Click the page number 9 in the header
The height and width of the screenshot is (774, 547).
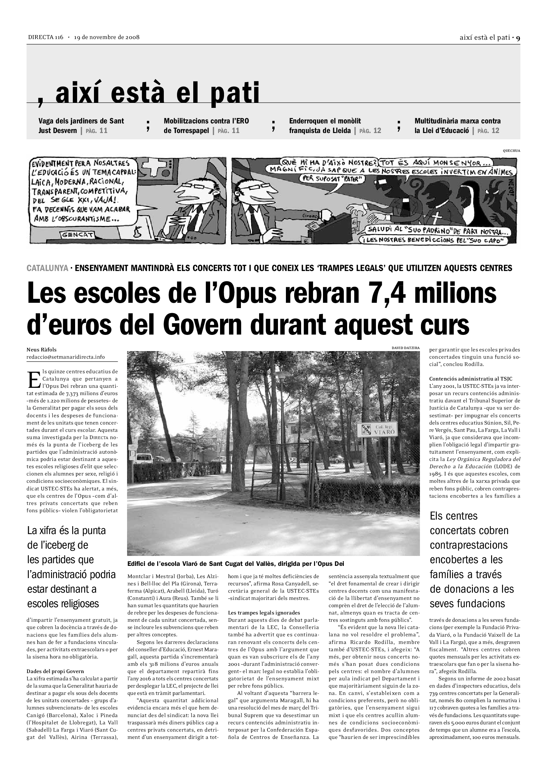518,38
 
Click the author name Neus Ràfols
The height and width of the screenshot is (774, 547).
41,349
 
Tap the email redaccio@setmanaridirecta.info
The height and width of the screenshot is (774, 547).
66,357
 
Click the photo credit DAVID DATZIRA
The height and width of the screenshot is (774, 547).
405,348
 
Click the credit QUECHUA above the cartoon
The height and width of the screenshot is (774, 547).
511,151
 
